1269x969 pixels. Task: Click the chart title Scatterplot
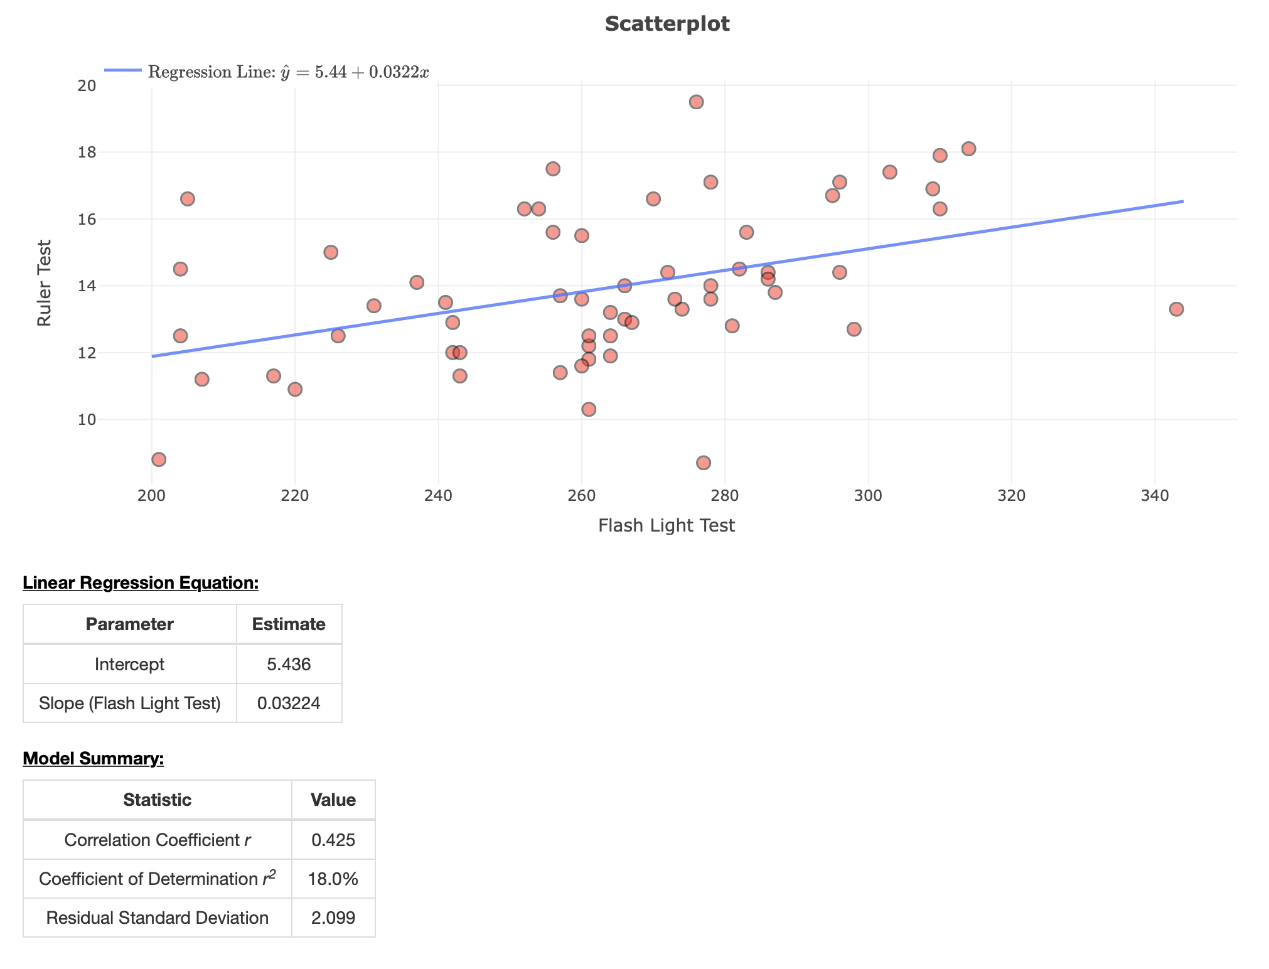667,24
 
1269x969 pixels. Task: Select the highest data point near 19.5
696,102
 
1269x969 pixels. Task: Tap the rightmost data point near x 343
1176,309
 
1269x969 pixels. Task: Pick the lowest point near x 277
704,463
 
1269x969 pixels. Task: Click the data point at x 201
159,459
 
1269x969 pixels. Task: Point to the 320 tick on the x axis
1011,496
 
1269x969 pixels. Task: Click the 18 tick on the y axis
87,153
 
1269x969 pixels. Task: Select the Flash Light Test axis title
666,525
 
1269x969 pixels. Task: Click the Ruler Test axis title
44,283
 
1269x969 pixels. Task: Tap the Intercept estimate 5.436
289,664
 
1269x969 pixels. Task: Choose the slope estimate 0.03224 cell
289,703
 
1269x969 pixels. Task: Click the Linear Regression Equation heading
141,583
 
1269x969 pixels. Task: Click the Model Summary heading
93,759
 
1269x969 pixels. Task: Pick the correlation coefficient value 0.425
333,840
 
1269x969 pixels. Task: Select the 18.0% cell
333,879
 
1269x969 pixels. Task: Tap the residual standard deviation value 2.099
333,918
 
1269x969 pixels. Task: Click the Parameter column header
129,624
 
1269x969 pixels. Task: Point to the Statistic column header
157,800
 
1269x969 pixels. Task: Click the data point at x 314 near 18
968,149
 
